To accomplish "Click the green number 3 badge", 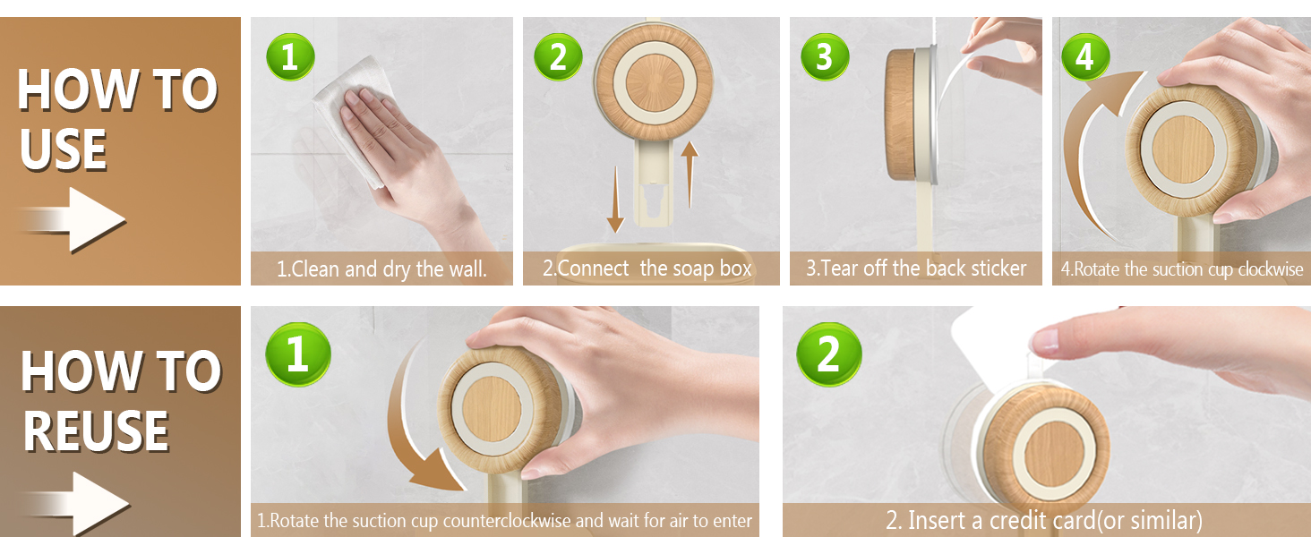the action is tap(825, 56).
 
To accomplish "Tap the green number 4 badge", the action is tap(1085, 56).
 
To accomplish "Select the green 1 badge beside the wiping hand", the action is tap(290, 56).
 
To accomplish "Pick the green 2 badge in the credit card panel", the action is tap(828, 354).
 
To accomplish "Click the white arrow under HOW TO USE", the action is tap(73, 220).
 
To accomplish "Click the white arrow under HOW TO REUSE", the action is tap(77, 504).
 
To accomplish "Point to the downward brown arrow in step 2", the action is tap(615, 200).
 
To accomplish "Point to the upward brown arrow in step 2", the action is tap(690, 175).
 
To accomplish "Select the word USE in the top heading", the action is tap(64, 149).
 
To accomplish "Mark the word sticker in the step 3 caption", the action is tap(998, 268).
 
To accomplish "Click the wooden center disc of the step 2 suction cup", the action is tap(655, 82).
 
